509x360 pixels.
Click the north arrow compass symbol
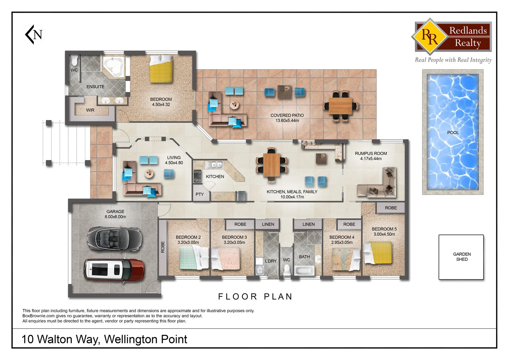tap(34, 34)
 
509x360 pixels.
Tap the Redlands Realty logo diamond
tap(430, 37)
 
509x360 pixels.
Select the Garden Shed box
tap(461, 257)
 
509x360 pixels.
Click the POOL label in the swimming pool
tap(453, 133)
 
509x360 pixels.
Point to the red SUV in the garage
tap(114, 270)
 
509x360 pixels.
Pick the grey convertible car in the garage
tap(114, 238)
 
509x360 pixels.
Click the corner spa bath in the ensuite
tap(113, 66)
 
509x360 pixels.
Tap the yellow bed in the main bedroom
tap(161, 69)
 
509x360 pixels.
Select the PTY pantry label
tap(200, 194)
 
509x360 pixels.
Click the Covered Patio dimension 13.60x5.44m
tap(287, 121)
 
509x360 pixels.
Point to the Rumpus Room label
tap(371, 154)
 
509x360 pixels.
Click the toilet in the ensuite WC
tap(74, 61)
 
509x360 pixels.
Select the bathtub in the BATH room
tap(304, 270)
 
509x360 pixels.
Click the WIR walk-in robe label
tap(90, 110)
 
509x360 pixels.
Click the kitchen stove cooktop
tap(198, 176)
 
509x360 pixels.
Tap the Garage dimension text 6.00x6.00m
tap(115, 217)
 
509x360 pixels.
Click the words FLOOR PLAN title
tap(255, 297)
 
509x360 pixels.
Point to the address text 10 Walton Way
tap(60, 339)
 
